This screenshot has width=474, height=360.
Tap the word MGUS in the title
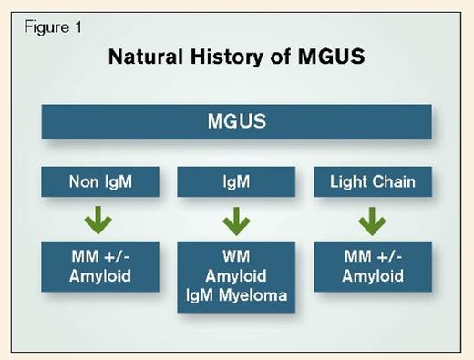334,57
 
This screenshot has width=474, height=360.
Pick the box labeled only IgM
235,181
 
